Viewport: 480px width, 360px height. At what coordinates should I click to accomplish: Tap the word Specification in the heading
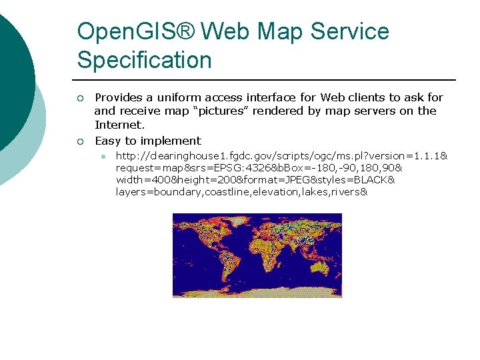tap(144, 60)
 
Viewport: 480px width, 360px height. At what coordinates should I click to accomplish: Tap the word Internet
tap(119, 125)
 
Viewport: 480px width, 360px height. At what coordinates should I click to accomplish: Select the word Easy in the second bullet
tap(108, 141)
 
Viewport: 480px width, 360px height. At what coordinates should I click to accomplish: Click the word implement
tap(169, 141)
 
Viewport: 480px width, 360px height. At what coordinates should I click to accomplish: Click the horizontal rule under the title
tap(267, 79)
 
